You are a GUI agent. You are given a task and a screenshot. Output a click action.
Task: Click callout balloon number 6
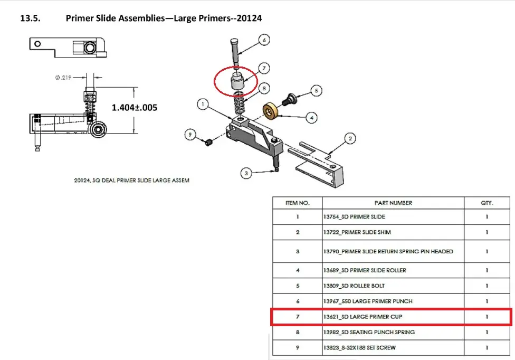coord(264,40)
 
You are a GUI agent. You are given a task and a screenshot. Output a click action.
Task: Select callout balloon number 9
coord(190,135)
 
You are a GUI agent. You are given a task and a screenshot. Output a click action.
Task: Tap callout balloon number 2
coord(350,139)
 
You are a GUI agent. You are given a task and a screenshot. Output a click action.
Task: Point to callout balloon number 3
coord(246,173)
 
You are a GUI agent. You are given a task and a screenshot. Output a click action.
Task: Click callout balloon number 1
coord(203,105)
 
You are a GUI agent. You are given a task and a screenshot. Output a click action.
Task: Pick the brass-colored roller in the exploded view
coord(270,111)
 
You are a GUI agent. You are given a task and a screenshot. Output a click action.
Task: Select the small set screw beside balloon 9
coord(208,142)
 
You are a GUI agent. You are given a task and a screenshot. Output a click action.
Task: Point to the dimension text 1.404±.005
coord(135,107)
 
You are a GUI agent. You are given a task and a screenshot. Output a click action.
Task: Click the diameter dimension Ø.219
coord(63,78)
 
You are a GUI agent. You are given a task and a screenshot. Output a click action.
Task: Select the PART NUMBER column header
coord(393,203)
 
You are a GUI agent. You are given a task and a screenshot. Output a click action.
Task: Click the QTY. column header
coord(487,203)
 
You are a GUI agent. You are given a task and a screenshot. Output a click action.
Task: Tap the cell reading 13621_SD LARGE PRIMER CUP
coord(363,317)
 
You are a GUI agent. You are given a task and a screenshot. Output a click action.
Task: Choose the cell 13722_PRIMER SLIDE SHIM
coord(357,232)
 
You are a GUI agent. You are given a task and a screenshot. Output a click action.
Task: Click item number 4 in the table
coord(298,270)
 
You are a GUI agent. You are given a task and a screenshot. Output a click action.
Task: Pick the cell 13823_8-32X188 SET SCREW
coord(359,347)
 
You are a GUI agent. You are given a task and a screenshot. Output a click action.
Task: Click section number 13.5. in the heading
coord(30,18)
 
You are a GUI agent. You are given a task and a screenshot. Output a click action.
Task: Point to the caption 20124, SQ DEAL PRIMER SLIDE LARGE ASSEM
coord(132,181)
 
